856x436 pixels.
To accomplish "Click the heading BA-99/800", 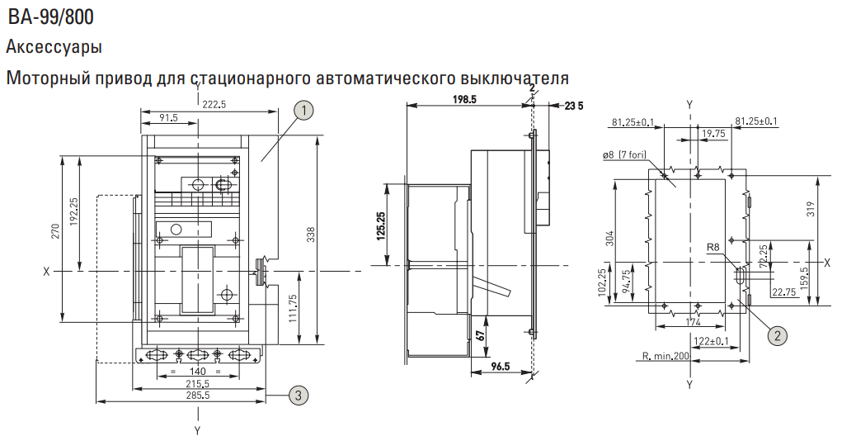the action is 50,17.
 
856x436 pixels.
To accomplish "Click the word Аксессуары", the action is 54,48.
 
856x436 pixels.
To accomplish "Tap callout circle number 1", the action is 304,111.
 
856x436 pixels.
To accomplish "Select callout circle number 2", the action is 778,334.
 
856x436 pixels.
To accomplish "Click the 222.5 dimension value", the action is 214,105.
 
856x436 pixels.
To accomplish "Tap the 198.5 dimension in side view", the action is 464,99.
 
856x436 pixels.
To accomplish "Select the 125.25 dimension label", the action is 380,225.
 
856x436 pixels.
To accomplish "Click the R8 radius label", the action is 713,248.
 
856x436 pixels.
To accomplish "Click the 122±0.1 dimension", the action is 713,342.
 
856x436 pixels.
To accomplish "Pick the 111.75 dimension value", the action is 293,309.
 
